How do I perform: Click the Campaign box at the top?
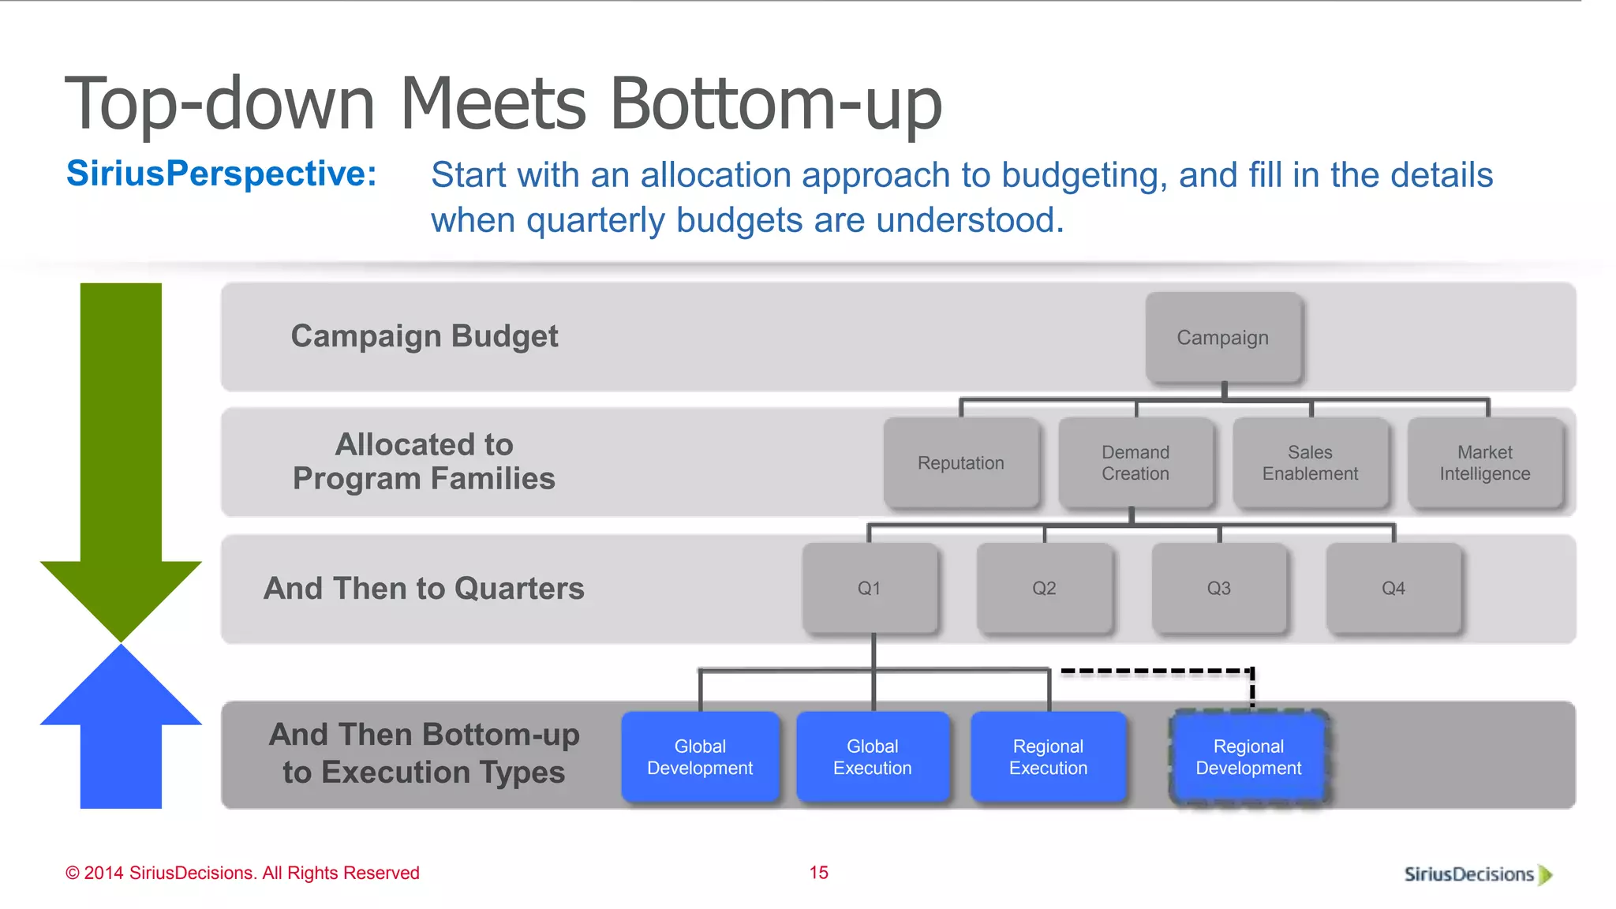[x=1222, y=338]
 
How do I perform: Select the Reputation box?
[x=960, y=462]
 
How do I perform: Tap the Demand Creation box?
[x=1135, y=462]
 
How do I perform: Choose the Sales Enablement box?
[x=1310, y=462]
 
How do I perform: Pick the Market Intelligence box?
[x=1484, y=462]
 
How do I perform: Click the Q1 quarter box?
[x=869, y=588]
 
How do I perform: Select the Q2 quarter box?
[x=1043, y=588]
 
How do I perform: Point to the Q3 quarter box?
[x=1218, y=588]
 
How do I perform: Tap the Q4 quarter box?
[x=1393, y=588]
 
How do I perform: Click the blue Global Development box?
[x=700, y=757]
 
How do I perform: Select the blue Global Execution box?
[x=872, y=757]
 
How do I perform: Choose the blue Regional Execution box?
[x=1048, y=757]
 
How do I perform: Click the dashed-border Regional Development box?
[x=1248, y=757]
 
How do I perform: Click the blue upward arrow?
[x=121, y=734]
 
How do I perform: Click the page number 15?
[x=818, y=873]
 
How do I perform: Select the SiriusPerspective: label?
[x=222, y=174]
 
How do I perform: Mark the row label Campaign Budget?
[x=425, y=336]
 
